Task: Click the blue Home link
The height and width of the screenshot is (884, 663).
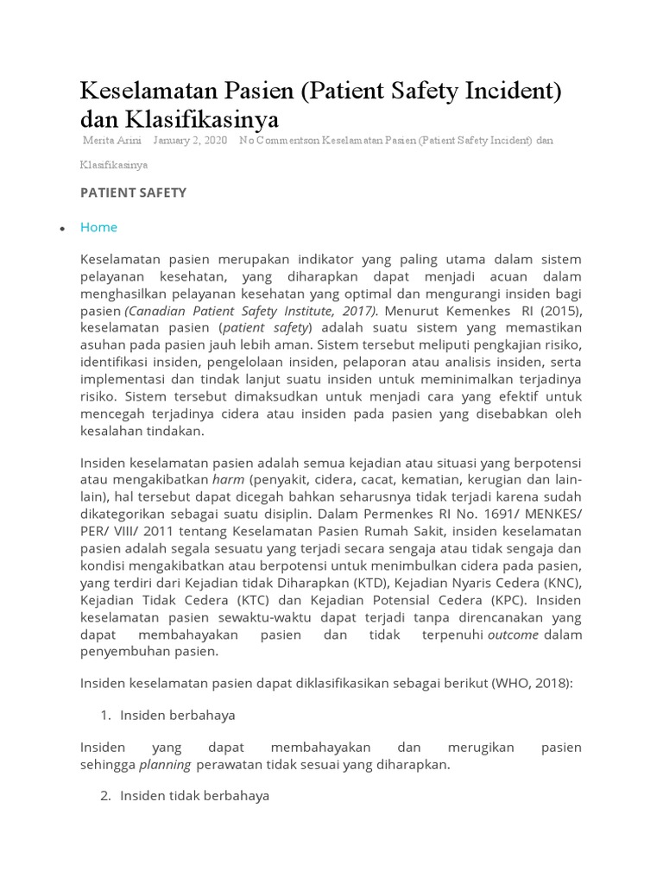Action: point(98,227)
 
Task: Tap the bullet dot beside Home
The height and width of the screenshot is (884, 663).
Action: point(62,229)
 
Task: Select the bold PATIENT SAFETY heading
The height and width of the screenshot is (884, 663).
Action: point(133,193)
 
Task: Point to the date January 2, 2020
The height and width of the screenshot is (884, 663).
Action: point(190,140)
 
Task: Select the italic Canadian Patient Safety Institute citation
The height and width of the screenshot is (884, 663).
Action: point(251,311)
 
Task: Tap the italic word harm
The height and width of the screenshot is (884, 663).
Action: point(228,479)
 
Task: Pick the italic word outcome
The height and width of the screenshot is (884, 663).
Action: point(513,635)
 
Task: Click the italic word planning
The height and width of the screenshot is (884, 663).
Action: point(165,765)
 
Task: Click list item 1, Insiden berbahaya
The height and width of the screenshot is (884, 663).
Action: point(178,716)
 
